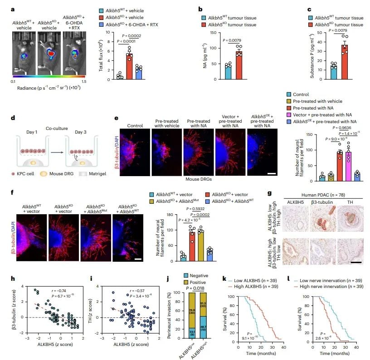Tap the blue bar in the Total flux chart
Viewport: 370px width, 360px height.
139,72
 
